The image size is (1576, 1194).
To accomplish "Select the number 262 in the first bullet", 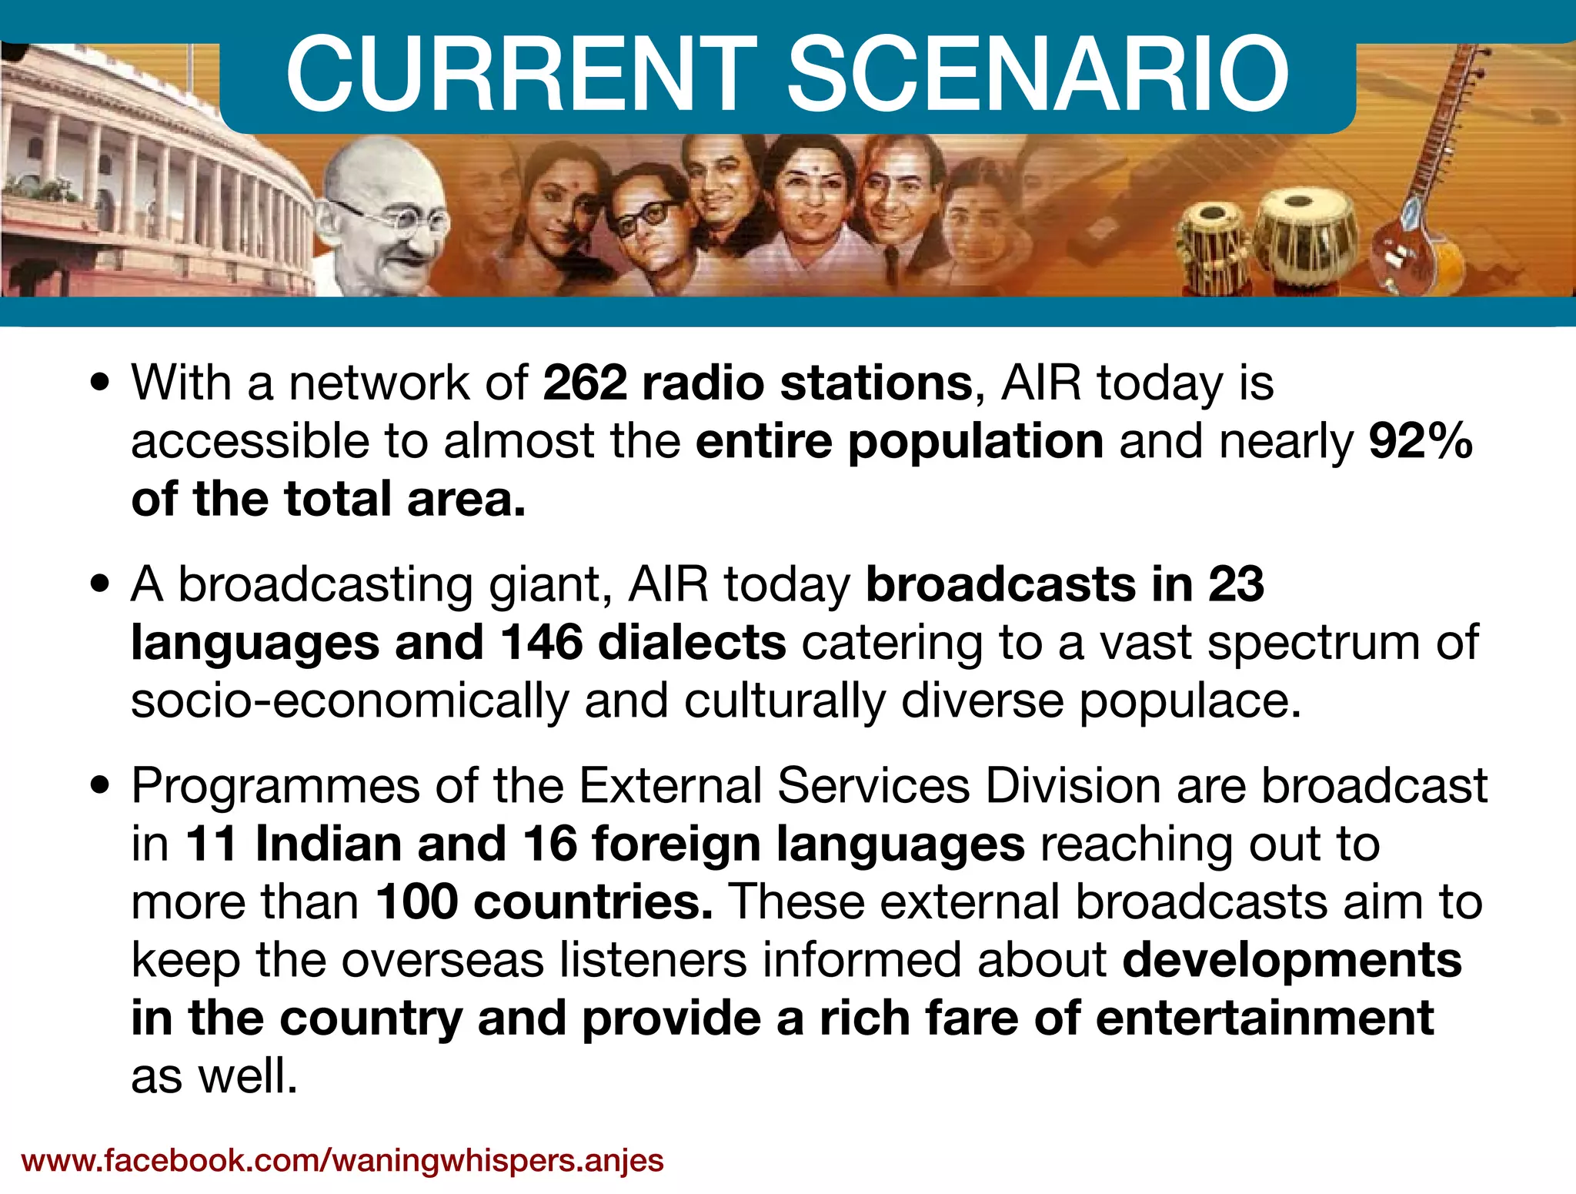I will pyautogui.click(x=585, y=383).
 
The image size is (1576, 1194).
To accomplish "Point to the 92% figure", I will pyautogui.click(x=1421, y=441).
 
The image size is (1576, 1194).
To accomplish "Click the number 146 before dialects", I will pyautogui.click(x=542, y=642).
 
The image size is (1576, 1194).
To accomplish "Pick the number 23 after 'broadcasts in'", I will pyautogui.click(x=1236, y=584).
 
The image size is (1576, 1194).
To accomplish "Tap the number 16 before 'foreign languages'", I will pyautogui.click(x=550, y=844).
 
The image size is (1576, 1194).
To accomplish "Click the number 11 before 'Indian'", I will pyautogui.click(x=212, y=844).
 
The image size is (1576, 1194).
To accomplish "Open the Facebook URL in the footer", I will pyautogui.click(x=342, y=1159).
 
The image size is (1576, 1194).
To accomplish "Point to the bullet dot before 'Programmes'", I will pyautogui.click(x=100, y=787).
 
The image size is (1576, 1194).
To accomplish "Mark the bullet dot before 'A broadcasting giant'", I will pyautogui.click(x=100, y=585).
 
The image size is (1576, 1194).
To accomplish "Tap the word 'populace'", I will pyautogui.click(x=1189, y=701).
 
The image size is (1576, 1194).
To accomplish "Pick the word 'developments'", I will pyautogui.click(x=1292, y=960).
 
